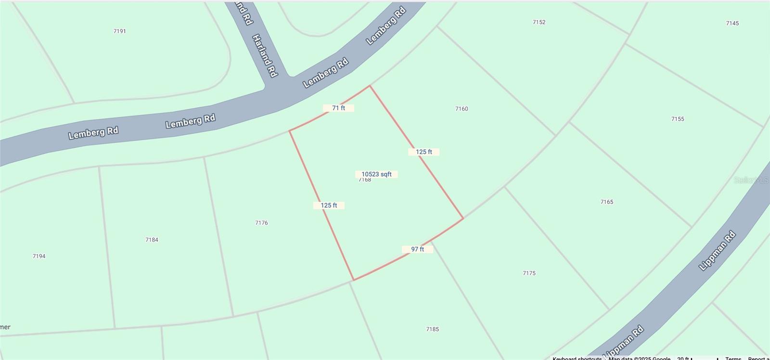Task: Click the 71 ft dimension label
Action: [338, 108]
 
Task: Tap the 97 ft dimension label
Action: [417, 249]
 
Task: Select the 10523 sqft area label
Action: [376, 174]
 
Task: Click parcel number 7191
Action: [120, 31]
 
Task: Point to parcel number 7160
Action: [462, 109]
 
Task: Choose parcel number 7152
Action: [539, 22]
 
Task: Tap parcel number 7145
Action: [732, 23]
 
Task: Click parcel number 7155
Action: [678, 119]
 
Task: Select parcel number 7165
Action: [607, 202]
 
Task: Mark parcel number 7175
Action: [529, 273]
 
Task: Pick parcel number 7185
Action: [432, 329]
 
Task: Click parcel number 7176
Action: [261, 223]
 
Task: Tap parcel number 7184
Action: [152, 240]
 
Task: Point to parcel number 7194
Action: [39, 256]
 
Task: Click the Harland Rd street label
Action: [265, 55]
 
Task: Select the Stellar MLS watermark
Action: [751, 180]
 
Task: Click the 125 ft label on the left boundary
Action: [329, 206]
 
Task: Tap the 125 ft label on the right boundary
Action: [423, 152]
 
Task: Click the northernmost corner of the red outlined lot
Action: [370, 86]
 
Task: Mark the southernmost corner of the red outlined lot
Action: [354, 280]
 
